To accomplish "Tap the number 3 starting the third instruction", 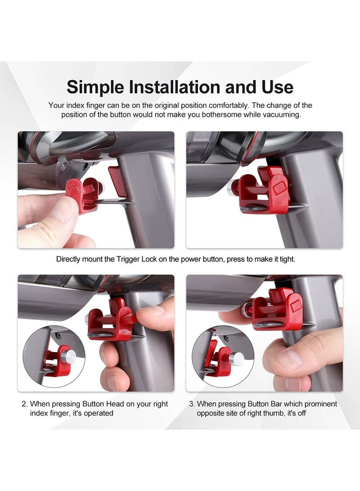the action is [x=192, y=404].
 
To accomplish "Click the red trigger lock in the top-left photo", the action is [x=82, y=194].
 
